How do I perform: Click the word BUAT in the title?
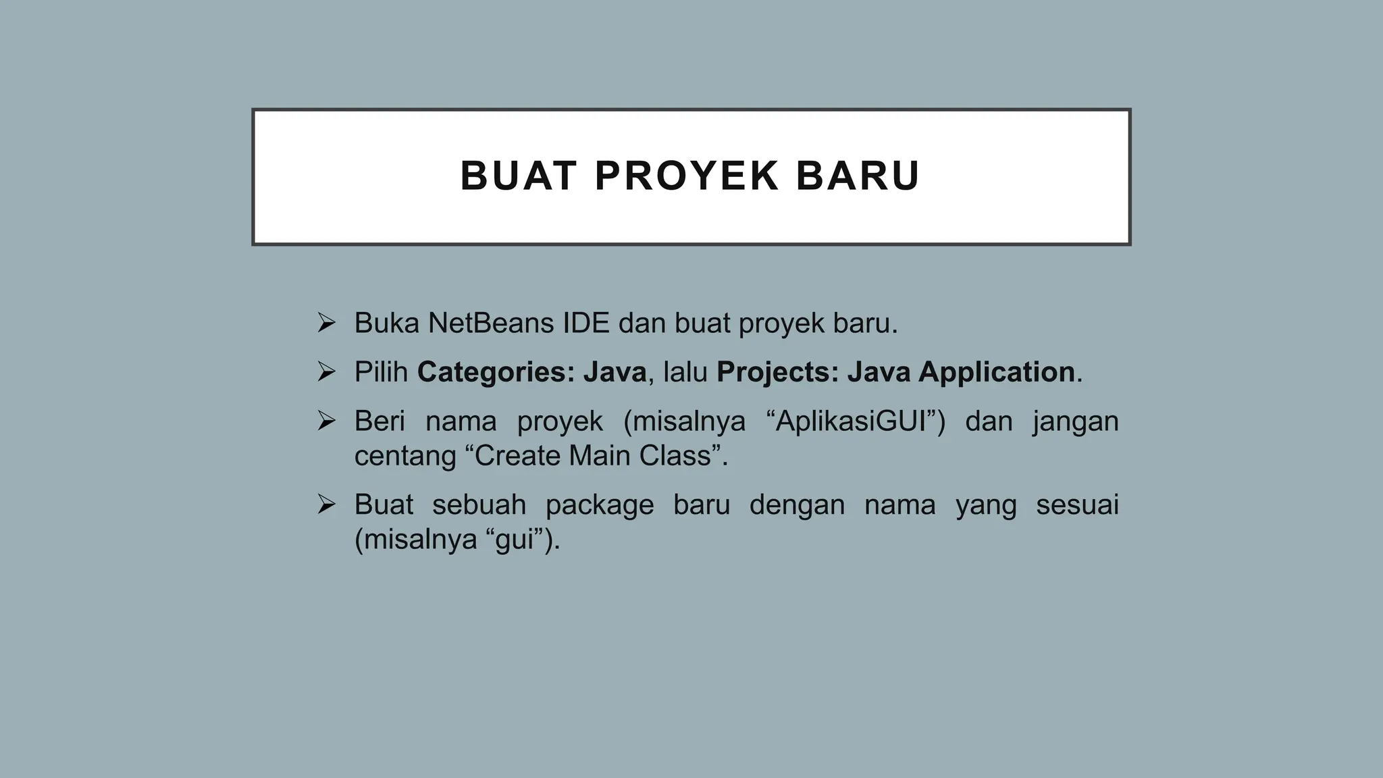coord(518,176)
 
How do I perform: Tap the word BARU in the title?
coord(858,176)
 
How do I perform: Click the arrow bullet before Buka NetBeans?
coord(326,323)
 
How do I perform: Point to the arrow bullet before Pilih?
coord(326,371)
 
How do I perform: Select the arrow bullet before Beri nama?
coord(326,421)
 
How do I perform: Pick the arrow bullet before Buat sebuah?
coord(326,504)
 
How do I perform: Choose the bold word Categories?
coord(496,372)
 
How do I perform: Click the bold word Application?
coord(996,372)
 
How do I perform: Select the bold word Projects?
coord(777,372)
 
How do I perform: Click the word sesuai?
coord(1077,505)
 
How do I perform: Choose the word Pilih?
coord(381,372)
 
